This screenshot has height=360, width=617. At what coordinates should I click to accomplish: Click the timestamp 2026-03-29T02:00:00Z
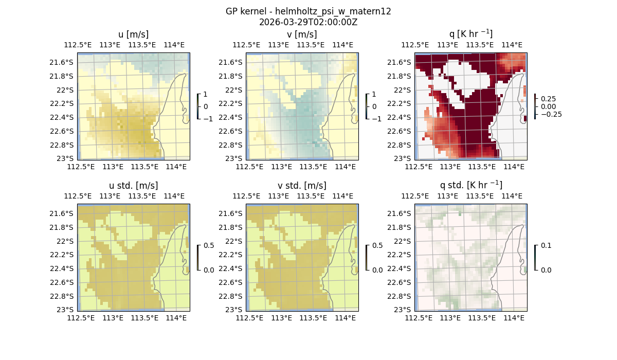(x=308, y=22)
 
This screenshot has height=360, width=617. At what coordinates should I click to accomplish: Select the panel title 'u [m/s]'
(x=133, y=34)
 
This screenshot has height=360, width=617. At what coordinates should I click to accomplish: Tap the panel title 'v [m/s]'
(x=302, y=34)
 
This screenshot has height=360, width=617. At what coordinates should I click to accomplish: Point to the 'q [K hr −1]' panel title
(x=470, y=34)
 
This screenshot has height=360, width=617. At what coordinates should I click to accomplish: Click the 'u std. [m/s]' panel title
(x=133, y=185)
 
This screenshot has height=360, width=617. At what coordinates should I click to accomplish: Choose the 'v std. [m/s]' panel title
(x=302, y=185)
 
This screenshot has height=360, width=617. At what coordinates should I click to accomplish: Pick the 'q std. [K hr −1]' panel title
(x=470, y=185)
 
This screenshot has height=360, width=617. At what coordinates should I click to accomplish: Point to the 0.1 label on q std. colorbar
(x=546, y=246)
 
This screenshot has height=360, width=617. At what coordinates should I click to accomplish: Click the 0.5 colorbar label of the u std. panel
(x=208, y=246)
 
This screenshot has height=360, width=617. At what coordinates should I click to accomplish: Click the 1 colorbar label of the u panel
(x=206, y=95)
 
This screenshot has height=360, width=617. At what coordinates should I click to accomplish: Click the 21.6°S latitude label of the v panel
(x=232, y=62)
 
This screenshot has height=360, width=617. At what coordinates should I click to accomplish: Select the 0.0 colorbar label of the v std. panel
(x=377, y=270)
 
